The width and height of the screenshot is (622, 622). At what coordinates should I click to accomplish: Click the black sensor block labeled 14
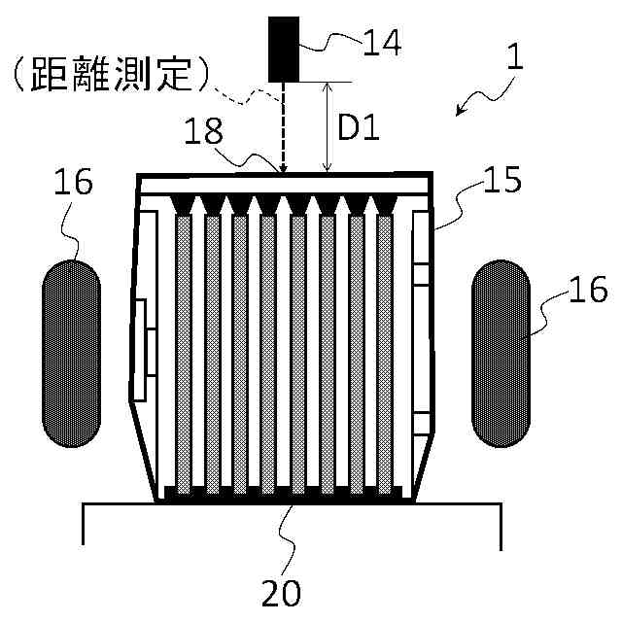[x=285, y=48]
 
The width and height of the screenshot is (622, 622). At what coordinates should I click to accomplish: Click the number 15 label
[x=501, y=180]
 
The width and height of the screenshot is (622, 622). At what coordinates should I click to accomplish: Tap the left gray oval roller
[x=70, y=353]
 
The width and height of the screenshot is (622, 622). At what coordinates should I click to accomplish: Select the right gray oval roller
[x=501, y=353]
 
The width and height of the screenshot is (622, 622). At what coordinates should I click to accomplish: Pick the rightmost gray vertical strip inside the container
[x=385, y=350]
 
